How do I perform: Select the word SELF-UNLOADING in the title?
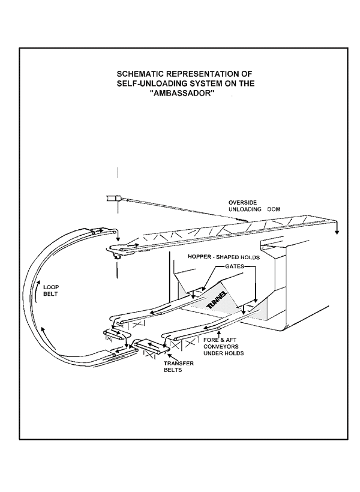(x=151, y=85)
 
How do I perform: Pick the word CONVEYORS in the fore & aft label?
(x=223, y=346)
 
